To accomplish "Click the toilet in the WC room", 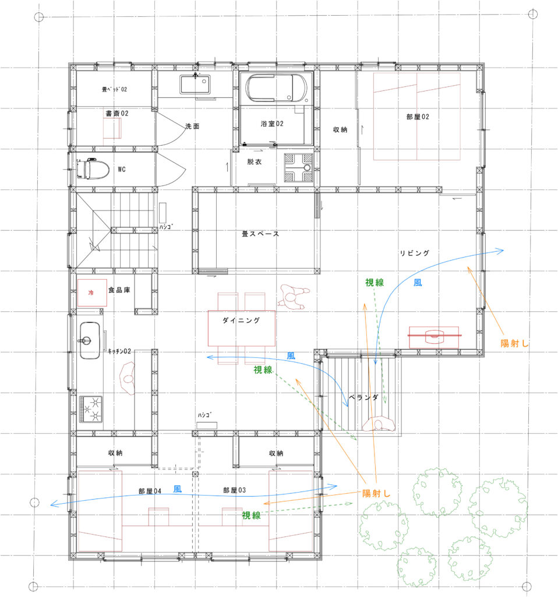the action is click(x=93, y=168).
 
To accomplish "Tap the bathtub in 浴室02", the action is click(x=276, y=88).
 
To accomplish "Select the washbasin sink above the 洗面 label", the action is click(x=195, y=85).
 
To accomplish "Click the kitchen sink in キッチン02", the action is click(x=90, y=340).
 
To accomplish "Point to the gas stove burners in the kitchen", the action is click(x=90, y=409).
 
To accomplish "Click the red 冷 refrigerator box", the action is click(x=91, y=293).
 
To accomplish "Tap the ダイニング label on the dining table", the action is click(x=241, y=321).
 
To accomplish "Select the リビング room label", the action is click(x=415, y=253).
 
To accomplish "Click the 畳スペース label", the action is click(x=260, y=234).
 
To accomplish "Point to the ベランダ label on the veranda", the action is click(x=363, y=398).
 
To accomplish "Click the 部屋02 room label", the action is click(x=418, y=117).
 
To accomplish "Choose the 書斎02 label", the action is click(x=117, y=114).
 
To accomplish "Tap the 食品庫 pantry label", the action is click(x=119, y=290).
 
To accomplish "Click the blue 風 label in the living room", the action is click(x=418, y=283).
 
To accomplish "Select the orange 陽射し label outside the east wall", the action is click(x=514, y=343).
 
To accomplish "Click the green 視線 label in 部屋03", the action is click(x=252, y=515).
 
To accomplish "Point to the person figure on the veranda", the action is click(x=378, y=424).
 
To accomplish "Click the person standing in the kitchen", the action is click(x=128, y=378).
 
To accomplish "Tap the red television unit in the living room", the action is click(x=434, y=336).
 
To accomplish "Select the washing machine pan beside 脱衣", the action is click(x=299, y=167).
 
